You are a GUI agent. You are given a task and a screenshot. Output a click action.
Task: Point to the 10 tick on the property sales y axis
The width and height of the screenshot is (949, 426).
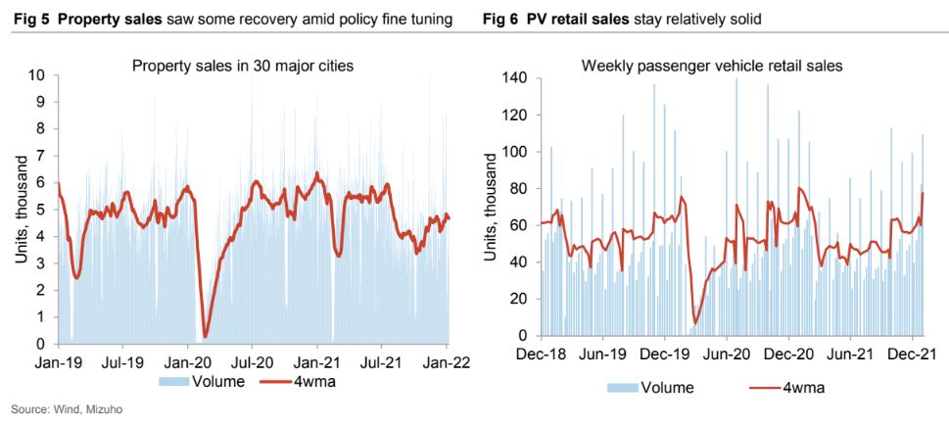37,75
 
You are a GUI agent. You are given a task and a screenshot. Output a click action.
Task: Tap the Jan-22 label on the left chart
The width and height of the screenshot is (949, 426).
446,360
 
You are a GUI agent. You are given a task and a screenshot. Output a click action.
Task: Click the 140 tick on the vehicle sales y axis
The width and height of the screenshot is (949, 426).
515,78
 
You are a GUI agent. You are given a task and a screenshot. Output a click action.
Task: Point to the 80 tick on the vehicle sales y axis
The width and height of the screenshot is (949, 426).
519,189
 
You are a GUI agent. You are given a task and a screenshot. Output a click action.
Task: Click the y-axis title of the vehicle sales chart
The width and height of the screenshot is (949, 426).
491,208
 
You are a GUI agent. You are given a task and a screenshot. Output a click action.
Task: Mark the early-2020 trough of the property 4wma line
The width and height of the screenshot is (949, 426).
206,337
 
